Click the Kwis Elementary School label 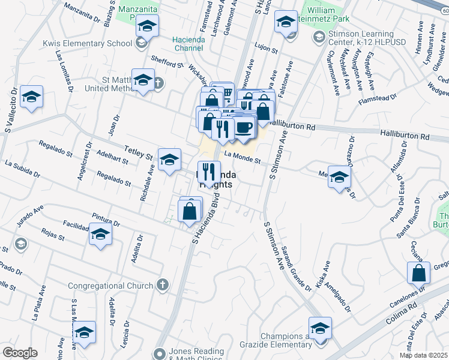tap(87, 43)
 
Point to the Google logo tap(20, 353)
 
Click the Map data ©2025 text tap(423, 355)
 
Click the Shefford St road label tap(167, 62)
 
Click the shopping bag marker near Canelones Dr tap(418, 272)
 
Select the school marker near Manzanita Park tap(146, 26)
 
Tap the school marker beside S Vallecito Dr tap(31, 96)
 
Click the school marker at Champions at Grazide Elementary tap(320, 328)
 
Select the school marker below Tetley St tap(169, 160)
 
